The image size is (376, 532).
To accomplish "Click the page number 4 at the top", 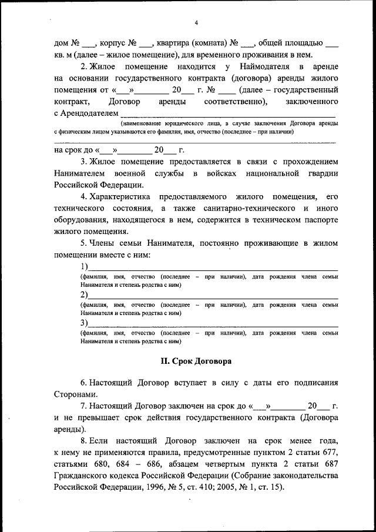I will tap(197, 23).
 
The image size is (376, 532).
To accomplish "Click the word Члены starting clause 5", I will tap(104, 243).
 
